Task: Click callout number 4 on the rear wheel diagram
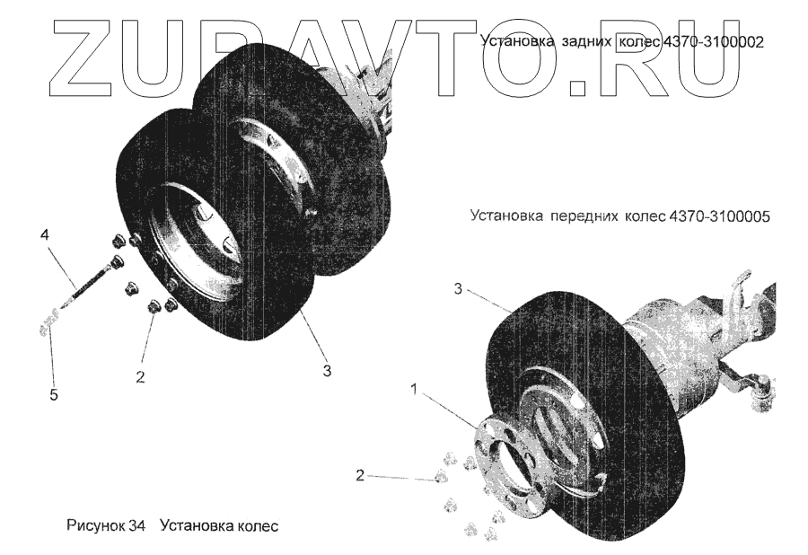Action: [x=43, y=236]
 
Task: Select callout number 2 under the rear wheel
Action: [x=140, y=376]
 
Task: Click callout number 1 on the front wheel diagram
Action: [x=413, y=389]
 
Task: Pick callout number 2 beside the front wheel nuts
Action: [x=360, y=475]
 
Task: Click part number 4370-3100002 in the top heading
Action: [x=714, y=41]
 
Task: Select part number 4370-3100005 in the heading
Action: [x=720, y=216]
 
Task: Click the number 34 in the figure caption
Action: [x=136, y=525]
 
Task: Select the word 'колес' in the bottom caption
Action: [x=258, y=525]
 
